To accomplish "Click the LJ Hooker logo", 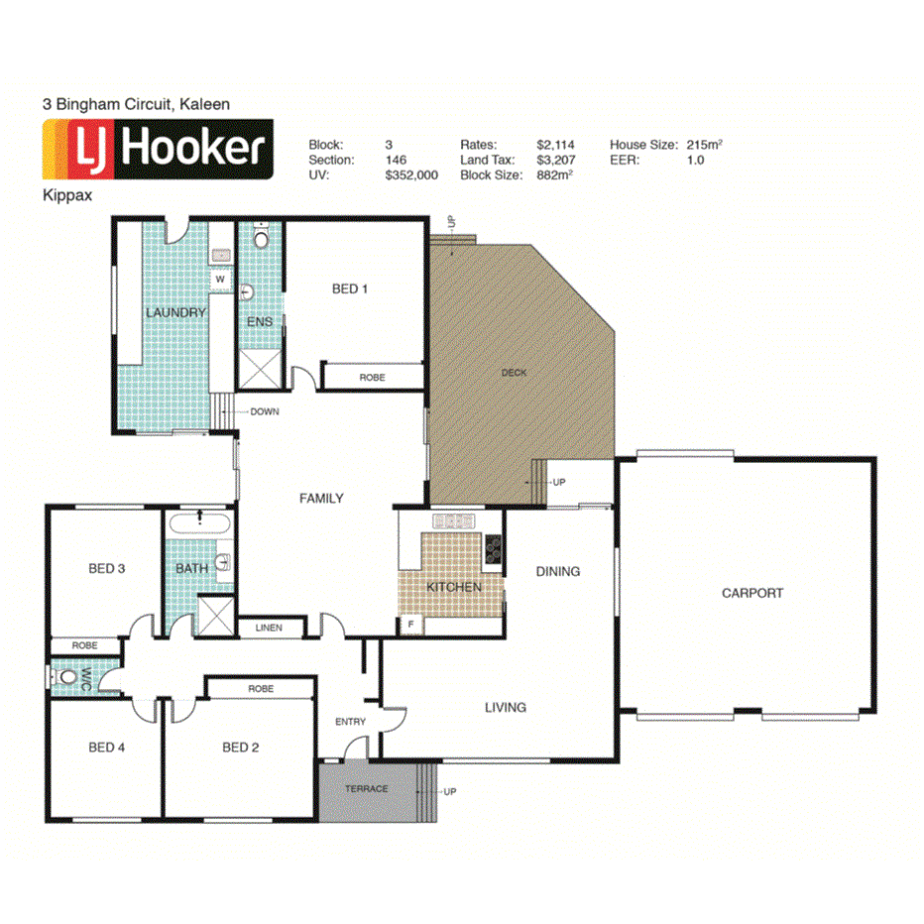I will [x=156, y=150].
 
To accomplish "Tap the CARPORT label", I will [x=751, y=593].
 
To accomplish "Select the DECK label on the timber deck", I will [x=514, y=373].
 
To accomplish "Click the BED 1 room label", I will [x=350, y=289].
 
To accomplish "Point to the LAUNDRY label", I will [x=175, y=313].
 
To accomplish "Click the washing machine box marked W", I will [x=220, y=281].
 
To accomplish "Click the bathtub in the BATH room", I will [x=200, y=524].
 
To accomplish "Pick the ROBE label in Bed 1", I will [x=372, y=378].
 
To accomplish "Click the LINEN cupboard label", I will [x=268, y=628].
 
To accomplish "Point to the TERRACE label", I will [x=366, y=789].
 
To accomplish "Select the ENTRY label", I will [x=350, y=722].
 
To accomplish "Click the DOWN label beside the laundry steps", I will [x=264, y=411].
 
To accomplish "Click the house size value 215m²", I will [x=703, y=145].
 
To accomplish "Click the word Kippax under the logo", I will [x=67, y=195].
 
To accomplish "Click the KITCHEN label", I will [x=454, y=587].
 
